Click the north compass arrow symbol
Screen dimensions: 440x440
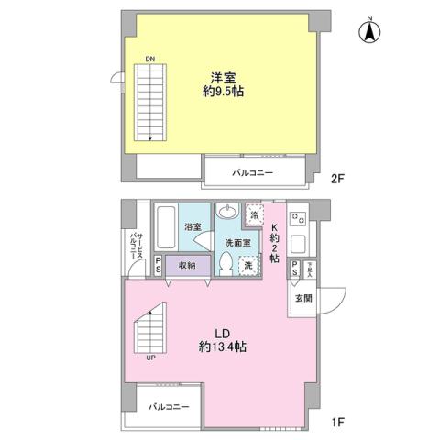[368, 30]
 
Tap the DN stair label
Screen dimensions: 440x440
[148, 60]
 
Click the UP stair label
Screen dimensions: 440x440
[148, 357]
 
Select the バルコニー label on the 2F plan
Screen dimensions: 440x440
[252, 172]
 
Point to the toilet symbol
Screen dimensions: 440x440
[225, 263]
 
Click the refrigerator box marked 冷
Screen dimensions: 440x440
[256, 215]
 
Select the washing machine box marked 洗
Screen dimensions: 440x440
[245, 265]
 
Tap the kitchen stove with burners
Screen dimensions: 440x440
[298, 219]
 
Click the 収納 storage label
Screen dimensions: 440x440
[186, 264]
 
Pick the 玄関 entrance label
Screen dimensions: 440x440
[303, 298]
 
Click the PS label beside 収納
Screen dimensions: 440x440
[159, 265]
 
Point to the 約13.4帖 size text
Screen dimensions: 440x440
[222, 347]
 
